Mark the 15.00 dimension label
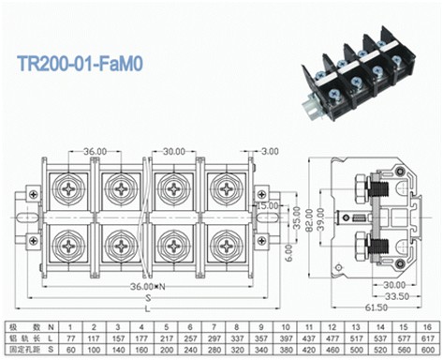(267, 206)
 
